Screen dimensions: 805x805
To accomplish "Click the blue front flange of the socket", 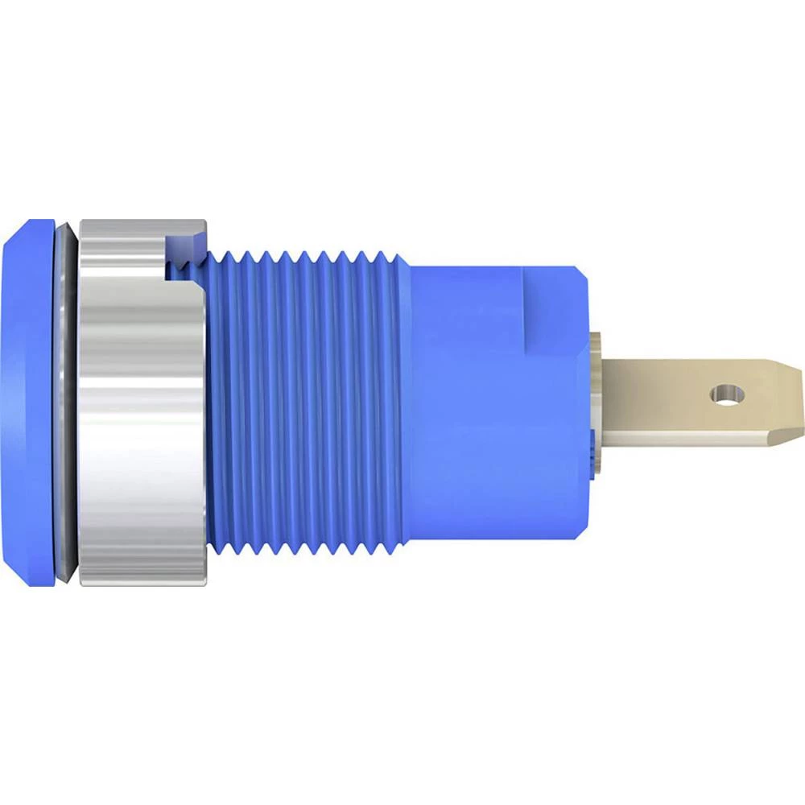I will pyautogui.click(x=28, y=402).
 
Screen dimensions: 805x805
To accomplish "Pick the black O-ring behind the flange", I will pyautogui.click(x=68, y=402).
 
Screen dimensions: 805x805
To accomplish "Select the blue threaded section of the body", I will pyautogui.click(x=306, y=402).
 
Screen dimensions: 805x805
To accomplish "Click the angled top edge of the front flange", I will pyautogui.click(x=24, y=229).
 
